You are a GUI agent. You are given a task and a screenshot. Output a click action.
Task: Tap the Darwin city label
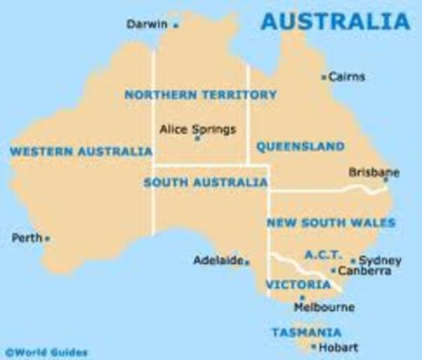pos(147,24)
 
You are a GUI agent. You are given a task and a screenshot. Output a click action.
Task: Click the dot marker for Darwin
pos(176,25)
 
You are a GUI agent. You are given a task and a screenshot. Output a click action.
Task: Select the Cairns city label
pos(347,76)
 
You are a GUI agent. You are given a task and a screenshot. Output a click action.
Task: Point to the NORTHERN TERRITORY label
pos(200,94)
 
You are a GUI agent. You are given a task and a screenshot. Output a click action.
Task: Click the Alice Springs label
pos(198,129)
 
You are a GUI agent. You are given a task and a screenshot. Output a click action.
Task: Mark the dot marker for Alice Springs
pos(197,139)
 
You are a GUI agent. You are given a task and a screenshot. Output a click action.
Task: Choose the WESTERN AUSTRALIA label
pos(81,151)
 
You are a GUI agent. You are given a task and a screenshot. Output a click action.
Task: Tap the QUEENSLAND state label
pos(301,146)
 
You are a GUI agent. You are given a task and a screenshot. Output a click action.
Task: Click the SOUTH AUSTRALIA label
pos(205,181)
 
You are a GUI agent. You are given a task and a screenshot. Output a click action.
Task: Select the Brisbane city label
pos(373,172)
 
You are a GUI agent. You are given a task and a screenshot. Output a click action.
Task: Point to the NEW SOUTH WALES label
pos(331,223)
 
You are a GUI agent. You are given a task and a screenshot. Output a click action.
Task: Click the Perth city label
pos(26,238)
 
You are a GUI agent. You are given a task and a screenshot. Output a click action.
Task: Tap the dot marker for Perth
pos(47,239)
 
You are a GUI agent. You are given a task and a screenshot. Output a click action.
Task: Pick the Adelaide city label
pos(217,261)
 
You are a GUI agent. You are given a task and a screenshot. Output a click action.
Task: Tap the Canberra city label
pos(365,271)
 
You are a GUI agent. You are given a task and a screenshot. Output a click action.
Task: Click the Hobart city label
pos(338,347)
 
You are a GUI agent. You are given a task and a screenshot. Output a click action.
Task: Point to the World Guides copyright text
pos(46,351)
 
